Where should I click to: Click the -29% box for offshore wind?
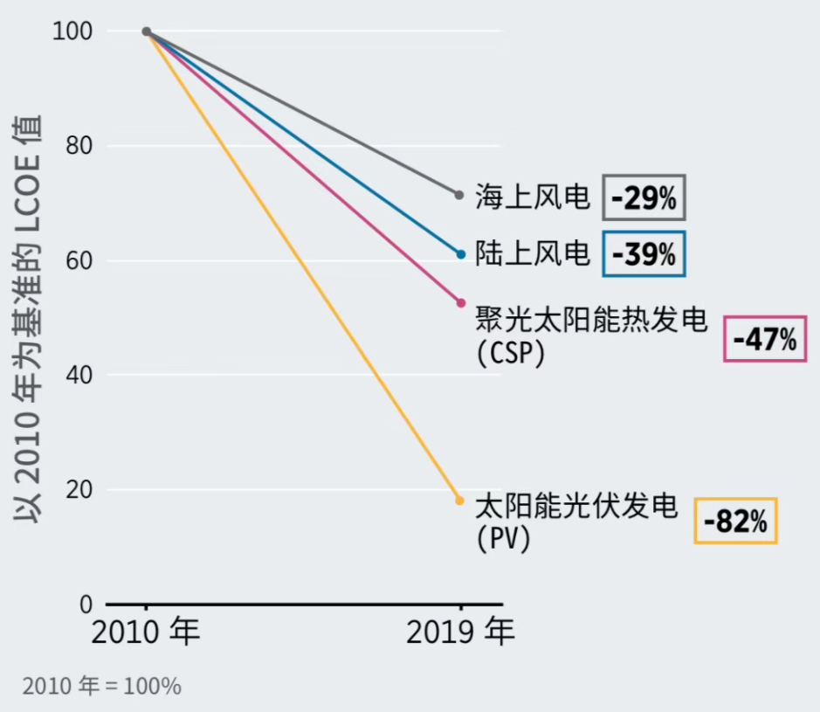644,197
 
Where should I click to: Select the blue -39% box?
644,253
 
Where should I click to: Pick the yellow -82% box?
735,521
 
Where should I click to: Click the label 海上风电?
533,197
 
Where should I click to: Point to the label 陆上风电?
533,253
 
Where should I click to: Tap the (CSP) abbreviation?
511,353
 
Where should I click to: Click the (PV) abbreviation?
504,539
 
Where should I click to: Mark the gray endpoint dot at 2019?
459,194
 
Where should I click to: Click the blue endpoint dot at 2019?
461,254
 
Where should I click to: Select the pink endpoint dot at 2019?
461,303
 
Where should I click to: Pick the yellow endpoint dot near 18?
459,501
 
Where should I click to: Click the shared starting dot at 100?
147,31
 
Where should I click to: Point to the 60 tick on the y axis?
79,260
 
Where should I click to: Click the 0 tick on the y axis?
86,605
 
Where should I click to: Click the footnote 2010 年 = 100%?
102,687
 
